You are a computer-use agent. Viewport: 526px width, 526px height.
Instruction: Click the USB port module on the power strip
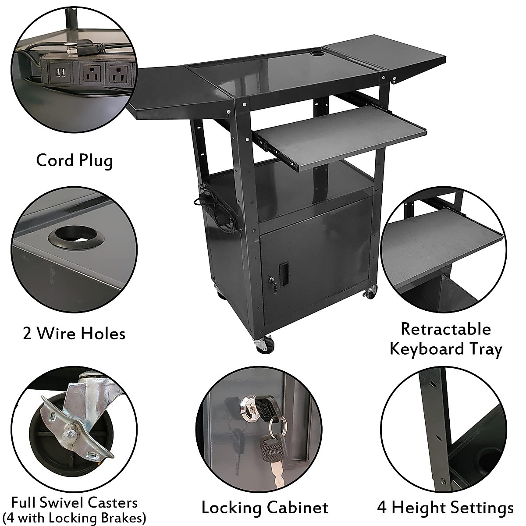60,71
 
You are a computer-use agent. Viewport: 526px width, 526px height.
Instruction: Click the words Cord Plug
74,160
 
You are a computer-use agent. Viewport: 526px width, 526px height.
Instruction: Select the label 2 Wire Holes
74,334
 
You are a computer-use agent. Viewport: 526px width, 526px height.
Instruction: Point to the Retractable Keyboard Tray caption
445,339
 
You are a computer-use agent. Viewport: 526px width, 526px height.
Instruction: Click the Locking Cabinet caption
264,508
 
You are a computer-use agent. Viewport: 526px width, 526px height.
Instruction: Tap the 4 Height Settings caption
445,508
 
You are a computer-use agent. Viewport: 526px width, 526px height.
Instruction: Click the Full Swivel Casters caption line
74,502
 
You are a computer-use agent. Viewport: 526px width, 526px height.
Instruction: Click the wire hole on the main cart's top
315,55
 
